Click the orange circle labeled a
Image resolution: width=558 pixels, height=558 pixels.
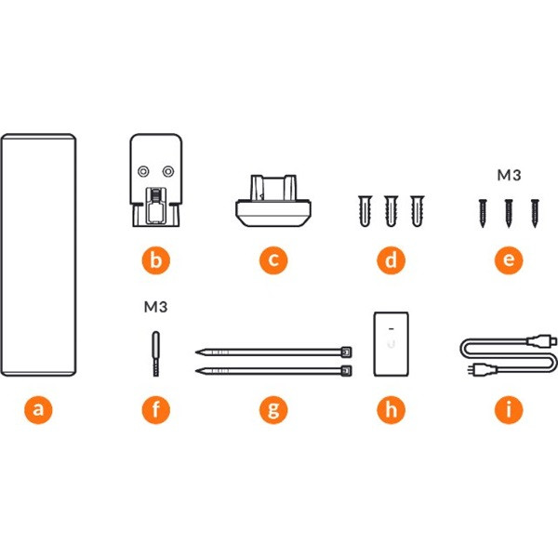coord(38,409)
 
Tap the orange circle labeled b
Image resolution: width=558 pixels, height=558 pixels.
coord(156,260)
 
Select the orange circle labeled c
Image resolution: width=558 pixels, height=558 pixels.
coord(273,260)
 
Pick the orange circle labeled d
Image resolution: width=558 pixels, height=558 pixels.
coord(392,260)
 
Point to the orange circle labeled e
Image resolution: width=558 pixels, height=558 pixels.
coord(509,260)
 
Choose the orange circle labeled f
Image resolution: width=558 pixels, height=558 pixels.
coord(156,409)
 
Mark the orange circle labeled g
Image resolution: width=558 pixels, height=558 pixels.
coord(273,409)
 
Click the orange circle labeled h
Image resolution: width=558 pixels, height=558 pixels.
coord(392,409)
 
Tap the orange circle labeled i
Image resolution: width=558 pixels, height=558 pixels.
coord(509,409)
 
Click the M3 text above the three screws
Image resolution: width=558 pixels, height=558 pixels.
coord(509,175)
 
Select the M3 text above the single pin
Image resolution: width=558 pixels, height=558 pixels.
coord(156,306)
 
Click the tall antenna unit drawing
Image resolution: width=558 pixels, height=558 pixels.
coord(38,255)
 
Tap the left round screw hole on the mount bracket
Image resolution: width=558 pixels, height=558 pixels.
coord(143,172)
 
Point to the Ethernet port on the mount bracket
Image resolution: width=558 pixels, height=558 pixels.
coord(156,206)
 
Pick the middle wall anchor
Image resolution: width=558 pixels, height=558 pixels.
coord(391,211)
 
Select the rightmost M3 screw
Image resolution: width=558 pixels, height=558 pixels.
coord(535,213)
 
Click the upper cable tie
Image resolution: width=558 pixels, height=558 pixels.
coord(273,352)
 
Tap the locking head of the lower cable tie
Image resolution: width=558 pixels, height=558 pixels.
coord(346,371)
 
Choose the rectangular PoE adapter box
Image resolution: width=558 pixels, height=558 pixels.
coord(392,344)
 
